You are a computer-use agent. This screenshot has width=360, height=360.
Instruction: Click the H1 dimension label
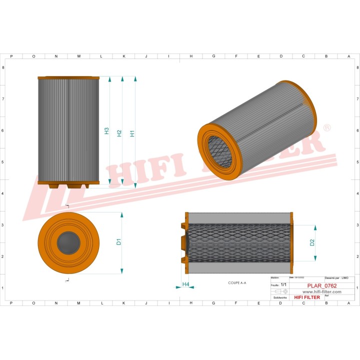tap(132, 133)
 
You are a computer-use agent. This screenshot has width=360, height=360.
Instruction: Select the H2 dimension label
tap(119, 133)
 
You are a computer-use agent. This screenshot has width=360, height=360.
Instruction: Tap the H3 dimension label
tap(106, 131)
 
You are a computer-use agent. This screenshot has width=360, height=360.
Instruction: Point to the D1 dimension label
tap(119, 242)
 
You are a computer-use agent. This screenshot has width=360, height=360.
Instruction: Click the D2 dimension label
tap(312, 242)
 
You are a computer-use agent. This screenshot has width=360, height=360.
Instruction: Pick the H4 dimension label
tap(185, 284)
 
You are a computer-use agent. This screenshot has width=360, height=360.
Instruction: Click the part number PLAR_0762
tap(315, 285)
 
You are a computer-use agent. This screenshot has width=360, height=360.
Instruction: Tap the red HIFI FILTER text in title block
tap(307, 297)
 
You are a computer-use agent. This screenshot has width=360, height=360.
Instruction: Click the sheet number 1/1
tap(283, 284)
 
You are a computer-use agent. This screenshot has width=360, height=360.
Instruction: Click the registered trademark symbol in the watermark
tap(327, 128)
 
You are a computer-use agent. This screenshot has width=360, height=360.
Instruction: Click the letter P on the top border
tap(11, 56)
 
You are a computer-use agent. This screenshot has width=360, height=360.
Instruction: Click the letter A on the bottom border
tap(348, 303)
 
